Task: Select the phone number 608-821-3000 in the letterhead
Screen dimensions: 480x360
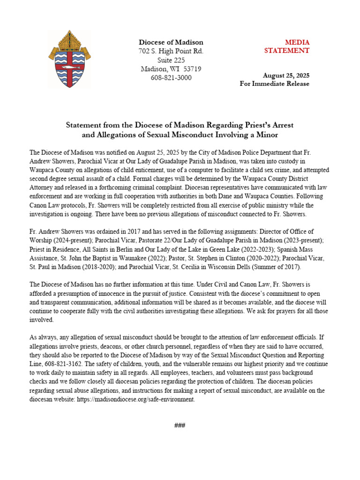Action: (x=171, y=78)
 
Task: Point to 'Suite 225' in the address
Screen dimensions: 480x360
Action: (x=171, y=60)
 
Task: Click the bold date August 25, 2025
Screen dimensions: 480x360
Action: (x=286, y=75)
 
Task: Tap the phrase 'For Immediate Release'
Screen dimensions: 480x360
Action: (x=275, y=84)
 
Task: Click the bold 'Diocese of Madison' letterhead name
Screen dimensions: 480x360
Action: (x=171, y=42)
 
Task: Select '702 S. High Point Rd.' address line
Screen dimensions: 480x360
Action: (x=171, y=51)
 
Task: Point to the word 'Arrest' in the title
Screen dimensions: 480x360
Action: (x=282, y=126)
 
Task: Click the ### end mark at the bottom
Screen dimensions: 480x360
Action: (x=180, y=426)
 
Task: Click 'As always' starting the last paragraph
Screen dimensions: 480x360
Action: (x=42, y=337)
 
